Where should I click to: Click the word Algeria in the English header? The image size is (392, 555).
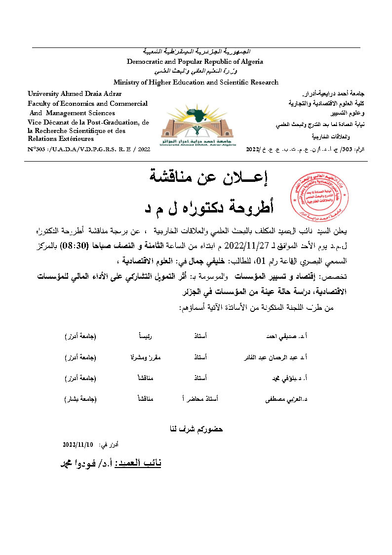pyautogui.click(x=250, y=62)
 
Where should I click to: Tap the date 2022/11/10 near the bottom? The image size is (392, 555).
pyautogui.click(x=78, y=445)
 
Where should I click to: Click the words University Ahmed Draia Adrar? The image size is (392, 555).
pyautogui.click(x=75, y=93)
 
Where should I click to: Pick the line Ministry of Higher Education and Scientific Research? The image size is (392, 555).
pyautogui.click(x=196, y=83)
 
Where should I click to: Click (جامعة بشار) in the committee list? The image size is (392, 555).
pyautogui.click(x=80, y=398)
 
